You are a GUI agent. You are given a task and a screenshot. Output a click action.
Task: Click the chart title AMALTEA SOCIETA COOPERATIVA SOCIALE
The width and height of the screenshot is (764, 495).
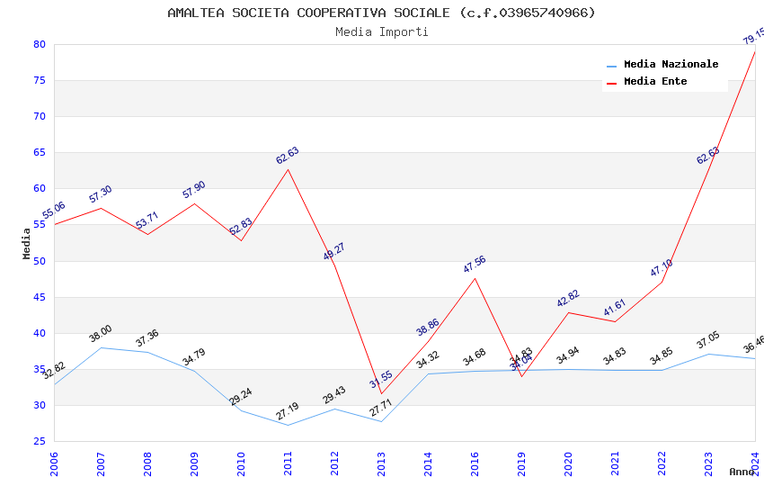pyautogui.click(x=381, y=13)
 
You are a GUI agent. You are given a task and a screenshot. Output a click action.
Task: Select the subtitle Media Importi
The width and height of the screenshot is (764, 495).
pyautogui.click(x=381, y=31)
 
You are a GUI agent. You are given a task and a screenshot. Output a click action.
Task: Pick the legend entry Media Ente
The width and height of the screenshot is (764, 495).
pyautogui.click(x=655, y=81)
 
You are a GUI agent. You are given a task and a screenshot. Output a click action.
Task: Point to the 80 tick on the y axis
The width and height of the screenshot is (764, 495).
pyautogui.click(x=39, y=44)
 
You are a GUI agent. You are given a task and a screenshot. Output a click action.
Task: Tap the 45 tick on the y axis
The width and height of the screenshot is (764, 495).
pyautogui.click(x=39, y=297)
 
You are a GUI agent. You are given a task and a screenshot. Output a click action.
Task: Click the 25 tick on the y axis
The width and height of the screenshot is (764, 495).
pyautogui.click(x=39, y=441)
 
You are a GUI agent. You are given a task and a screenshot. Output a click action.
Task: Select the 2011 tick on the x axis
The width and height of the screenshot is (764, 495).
pyautogui.click(x=288, y=463)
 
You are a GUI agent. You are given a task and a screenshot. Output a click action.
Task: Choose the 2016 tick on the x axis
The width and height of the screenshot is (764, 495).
pyautogui.click(x=475, y=463)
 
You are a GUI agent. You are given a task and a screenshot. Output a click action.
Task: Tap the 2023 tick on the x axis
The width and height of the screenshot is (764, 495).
pyautogui.click(x=708, y=463)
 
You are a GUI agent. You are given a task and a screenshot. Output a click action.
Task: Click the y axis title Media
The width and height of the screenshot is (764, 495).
pyautogui.click(x=27, y=243)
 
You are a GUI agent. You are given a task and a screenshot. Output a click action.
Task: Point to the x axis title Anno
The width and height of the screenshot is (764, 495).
pyautogui.click(x=742, y=472)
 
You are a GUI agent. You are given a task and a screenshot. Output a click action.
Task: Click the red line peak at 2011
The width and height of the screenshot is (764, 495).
pyautogui.click(x=288, y=169)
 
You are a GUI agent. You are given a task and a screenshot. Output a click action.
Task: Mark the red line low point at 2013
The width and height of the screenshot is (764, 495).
pyautogui.click(x=381, y=393)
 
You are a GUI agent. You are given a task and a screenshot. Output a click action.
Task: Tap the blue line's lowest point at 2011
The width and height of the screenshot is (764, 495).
pyautogui.click(x=288, y=425)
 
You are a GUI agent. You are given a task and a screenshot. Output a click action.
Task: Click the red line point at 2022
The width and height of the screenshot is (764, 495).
pyautogui.click(x=662, y=282)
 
